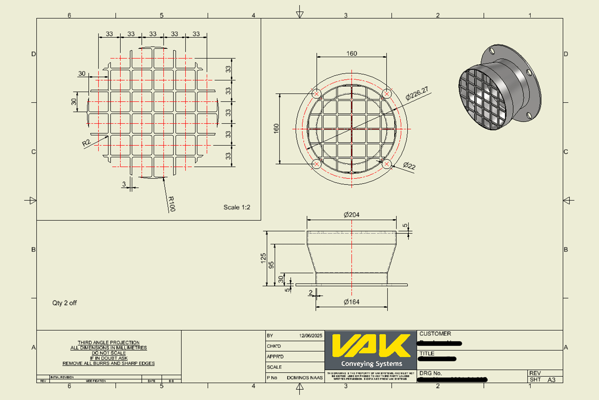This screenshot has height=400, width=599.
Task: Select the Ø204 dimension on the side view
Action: (352, 215)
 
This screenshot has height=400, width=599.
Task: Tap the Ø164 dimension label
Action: (352, 302)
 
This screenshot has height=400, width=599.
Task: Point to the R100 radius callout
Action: (171, 204)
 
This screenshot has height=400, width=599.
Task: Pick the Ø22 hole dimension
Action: (409, 166)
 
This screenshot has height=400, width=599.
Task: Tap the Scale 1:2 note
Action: (237, 207)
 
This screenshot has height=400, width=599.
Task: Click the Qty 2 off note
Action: (65, 303)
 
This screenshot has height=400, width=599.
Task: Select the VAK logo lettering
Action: (371, 346)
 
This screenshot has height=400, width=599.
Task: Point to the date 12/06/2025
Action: (311, 335)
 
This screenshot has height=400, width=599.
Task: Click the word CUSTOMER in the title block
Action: (435, 334)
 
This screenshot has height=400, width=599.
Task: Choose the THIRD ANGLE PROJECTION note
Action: (109, 343)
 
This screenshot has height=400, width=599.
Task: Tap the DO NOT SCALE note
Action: (109, 353)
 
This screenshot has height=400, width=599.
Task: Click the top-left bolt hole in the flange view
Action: (317, 93)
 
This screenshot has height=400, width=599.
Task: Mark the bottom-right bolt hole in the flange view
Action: (387, 164)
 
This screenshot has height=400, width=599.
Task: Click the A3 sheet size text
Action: (552, 380)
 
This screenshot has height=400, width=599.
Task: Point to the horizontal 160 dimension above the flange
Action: (352, 53)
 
